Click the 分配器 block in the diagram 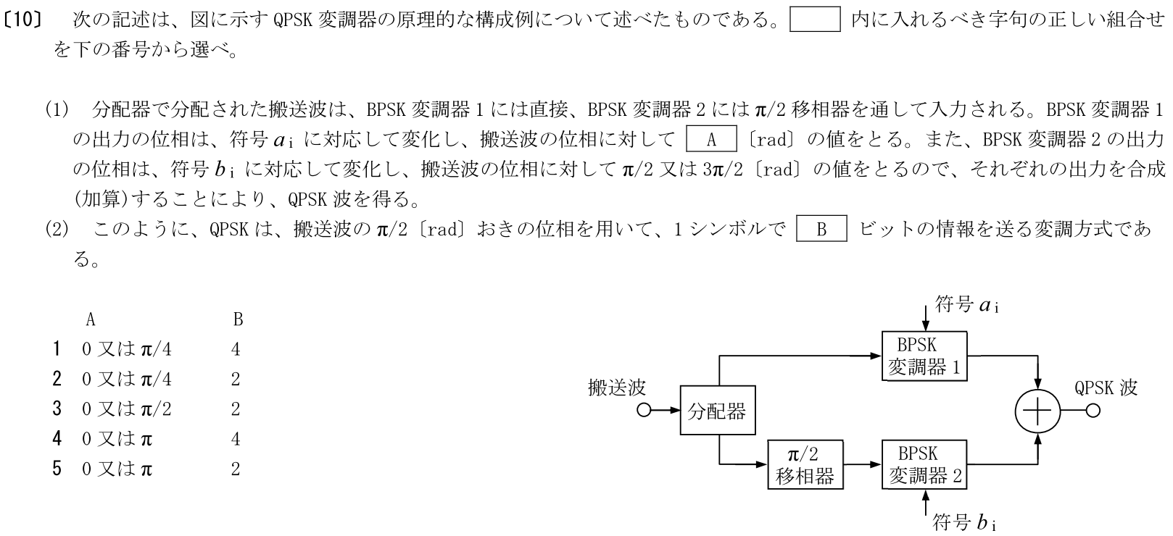(x=716, y=411)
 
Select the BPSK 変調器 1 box (x=924, y=356)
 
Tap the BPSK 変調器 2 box (x=924, y=464)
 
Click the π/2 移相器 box (x=804, y=464)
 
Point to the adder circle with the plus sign (x=1037, y=411)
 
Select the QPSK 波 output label (x=1106, y=388)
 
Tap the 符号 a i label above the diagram (x=967, y=305)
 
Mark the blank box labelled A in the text (x=711, y=140)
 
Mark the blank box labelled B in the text (x=821, y=230)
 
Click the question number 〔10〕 (x=28, y=20)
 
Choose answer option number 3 (x=57, y=409)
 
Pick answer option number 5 (x=57, y=469)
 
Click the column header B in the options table (x=237, y=319)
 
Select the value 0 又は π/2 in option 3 (x=126, y=409)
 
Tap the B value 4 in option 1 (x=236, y=350)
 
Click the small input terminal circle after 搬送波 (x=644, y=411)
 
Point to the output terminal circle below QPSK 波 (x=1092, y=411)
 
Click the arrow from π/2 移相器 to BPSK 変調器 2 (x=863, y=464)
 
